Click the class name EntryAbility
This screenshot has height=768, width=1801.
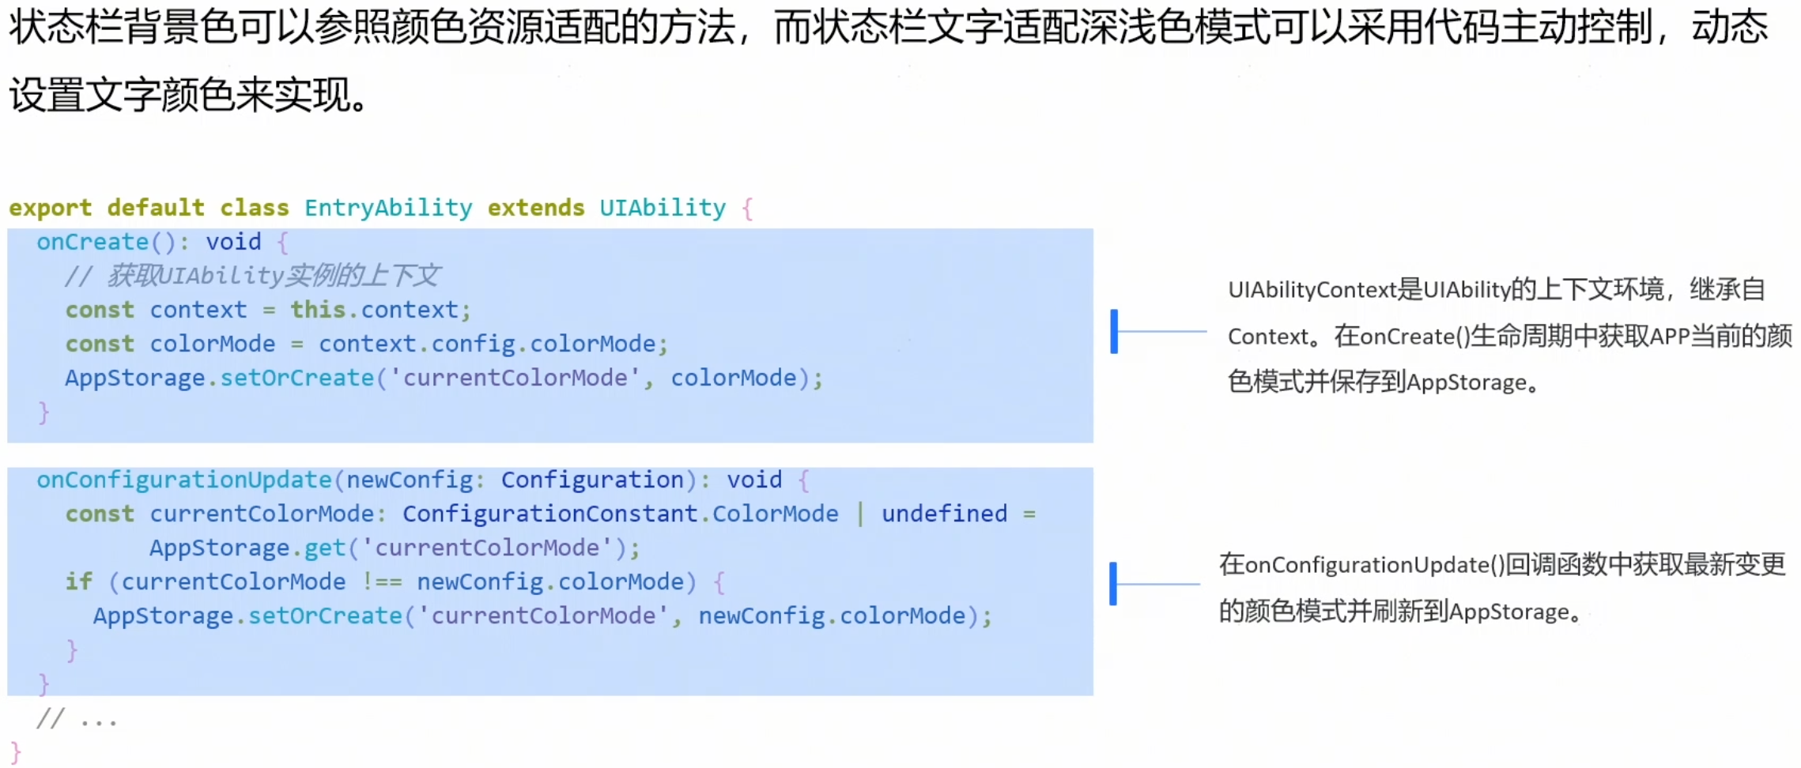pos(388,208)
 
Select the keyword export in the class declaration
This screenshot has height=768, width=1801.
pos(50,208)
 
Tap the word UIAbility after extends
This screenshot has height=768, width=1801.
pos(663,208)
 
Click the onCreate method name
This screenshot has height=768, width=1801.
pos(93,242)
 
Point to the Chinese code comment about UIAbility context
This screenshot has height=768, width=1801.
pos(252,276)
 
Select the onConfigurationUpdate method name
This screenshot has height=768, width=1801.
pos(183,480)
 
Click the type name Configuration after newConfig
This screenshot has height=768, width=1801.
pos(592,480)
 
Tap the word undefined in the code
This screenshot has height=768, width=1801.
pos(944,514)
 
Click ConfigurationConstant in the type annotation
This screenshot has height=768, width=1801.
pos(550,514)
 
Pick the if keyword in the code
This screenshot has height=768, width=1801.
pos(78,582)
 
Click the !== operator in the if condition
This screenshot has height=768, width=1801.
pos(382,582)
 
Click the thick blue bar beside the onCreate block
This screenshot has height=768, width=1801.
pos(1114,331)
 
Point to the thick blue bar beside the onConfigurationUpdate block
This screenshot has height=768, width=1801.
pos(1113,584)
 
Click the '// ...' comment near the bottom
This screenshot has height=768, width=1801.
pos(77,719)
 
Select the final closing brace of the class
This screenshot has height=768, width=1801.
pos(16,752)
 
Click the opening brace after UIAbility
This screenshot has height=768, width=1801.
pos(747,209)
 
